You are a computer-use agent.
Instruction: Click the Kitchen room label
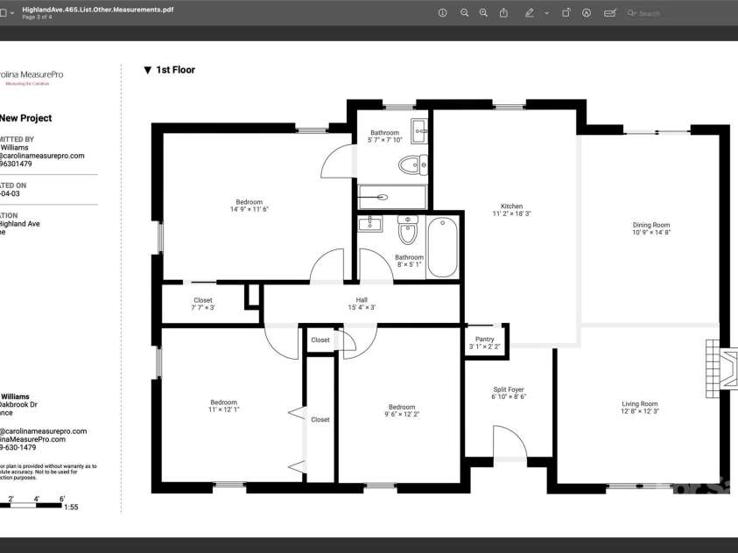point(511,206)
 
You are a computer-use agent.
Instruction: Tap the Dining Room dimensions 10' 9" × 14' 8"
point(650,234)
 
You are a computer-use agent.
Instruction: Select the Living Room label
point(639,403)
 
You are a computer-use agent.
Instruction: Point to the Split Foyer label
point(508,389)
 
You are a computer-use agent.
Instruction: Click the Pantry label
point(484,339)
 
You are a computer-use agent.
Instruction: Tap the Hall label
point(362,300)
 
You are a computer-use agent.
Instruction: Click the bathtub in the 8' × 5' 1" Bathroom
point(442,248)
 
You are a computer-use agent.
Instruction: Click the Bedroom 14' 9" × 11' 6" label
point(249,202)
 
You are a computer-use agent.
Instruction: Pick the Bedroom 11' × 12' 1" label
point(223,402)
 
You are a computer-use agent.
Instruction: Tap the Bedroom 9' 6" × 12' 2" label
point(402,407)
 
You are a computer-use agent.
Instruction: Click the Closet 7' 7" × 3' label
point(202,300)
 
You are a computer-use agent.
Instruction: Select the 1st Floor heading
point(175,70)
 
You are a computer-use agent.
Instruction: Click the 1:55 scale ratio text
point(71,507)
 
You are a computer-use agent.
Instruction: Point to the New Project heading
point(25,118)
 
